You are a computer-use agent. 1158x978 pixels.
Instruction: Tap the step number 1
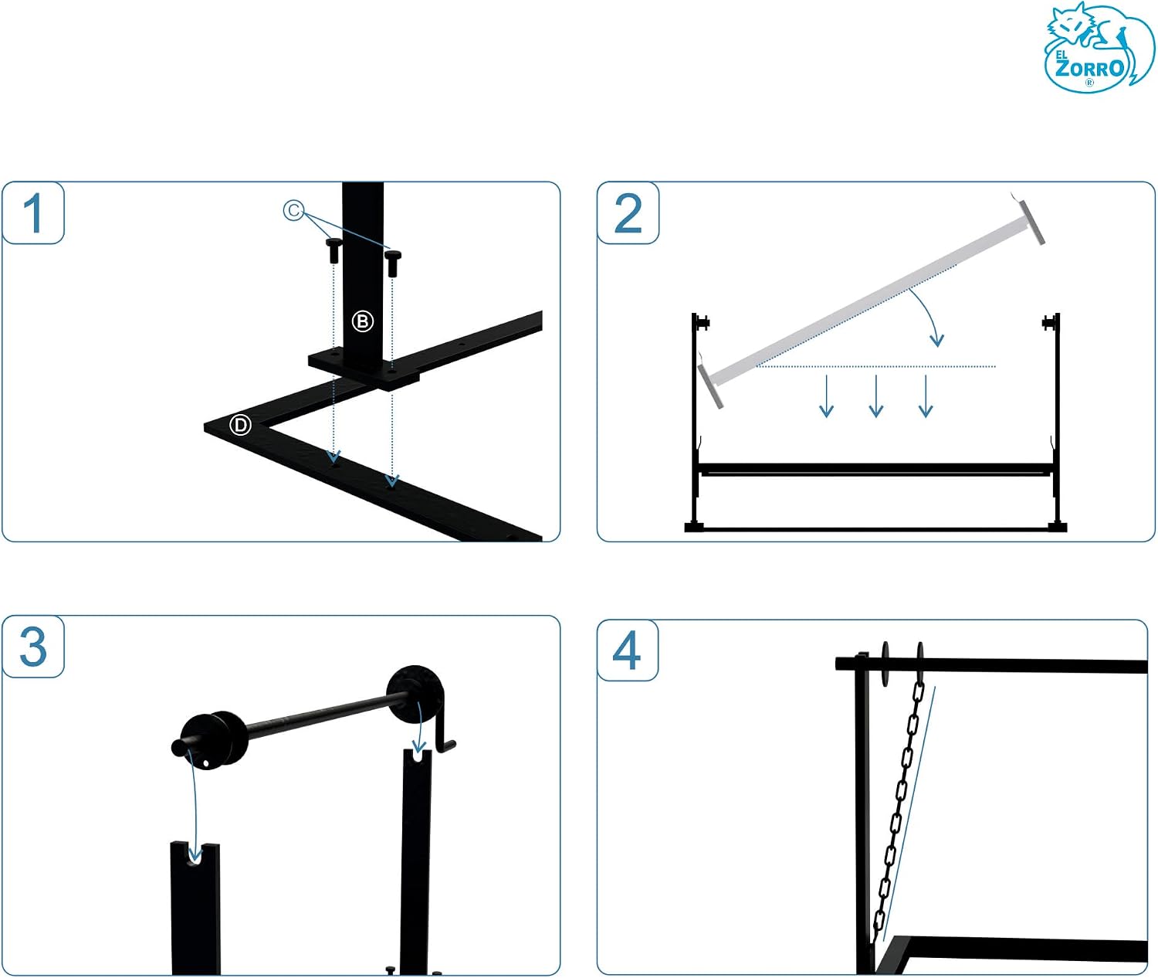pyautogui.click(x=34, y=213)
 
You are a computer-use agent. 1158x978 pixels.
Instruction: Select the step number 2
pyautogui.click(x=628, y=214)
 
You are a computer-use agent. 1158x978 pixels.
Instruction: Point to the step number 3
pyautogui.click(x=33, y=647)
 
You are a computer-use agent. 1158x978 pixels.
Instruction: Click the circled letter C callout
pyautogui.click(x=293, y=210)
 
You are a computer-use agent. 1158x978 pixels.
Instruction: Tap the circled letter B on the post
pyautogui.click(x=363, y=321)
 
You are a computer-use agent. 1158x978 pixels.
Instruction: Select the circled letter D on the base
pyautogui.click(x=240, y=425)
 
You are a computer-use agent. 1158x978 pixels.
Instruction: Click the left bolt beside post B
pyautogui.click(x=334, y=250)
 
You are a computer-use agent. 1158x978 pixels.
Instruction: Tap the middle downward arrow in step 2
pyautogui.click(x=875, y=396)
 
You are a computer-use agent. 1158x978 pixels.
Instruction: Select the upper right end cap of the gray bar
pyautogui.click(x=1031, y=222)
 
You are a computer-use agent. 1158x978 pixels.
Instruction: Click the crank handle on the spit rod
pyautogui.click(x=445, y=734)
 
